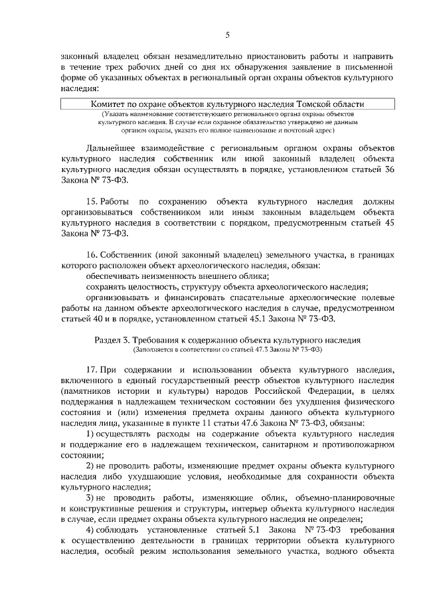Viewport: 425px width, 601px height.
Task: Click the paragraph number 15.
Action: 93,202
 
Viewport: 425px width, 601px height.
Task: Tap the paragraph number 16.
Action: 93,256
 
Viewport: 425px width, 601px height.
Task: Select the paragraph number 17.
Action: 93,369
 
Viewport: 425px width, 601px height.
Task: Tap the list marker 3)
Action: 92,498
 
